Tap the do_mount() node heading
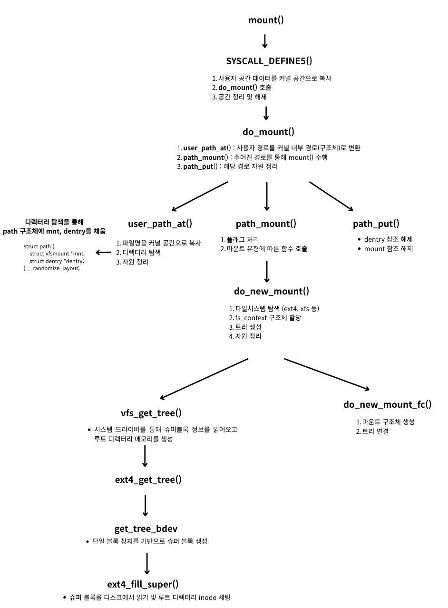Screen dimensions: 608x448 (x=269, y=132)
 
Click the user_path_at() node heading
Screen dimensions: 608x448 (x=160, y=224)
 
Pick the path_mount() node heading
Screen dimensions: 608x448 (x=266, y=224)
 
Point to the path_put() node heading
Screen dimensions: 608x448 (x=376, y=224)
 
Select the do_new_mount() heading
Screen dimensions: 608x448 (x=272, y=291)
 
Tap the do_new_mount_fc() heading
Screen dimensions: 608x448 (x=387, y=404)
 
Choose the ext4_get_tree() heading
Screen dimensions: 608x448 (x=148, y=480)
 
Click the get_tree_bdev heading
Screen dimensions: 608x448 (x=146, y=529)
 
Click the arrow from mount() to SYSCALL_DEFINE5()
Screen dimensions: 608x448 (x=265, y=40)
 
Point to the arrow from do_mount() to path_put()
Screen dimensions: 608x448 (x=331, y=196)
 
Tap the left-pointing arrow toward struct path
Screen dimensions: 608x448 (x=103, y=252)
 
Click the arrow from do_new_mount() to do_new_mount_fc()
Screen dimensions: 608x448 (x=327, y=374)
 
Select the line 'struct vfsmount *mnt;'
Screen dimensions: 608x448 (x=57, y=254)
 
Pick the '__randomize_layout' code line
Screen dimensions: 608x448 (x=52, y=268)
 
